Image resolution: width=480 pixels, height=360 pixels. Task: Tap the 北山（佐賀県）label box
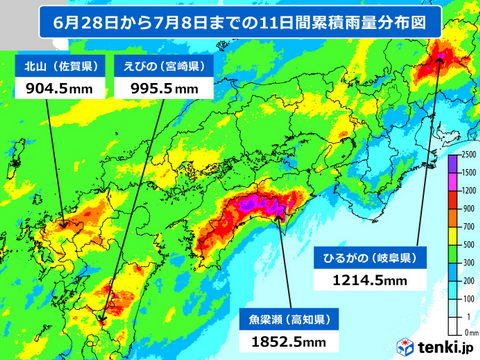pyautogui.click(x=61, y=68)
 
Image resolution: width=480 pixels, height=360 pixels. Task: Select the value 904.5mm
pyautogui.click(x=61, y=89)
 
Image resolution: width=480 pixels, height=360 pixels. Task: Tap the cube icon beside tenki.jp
pyautogui.click(x=406, y=347)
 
